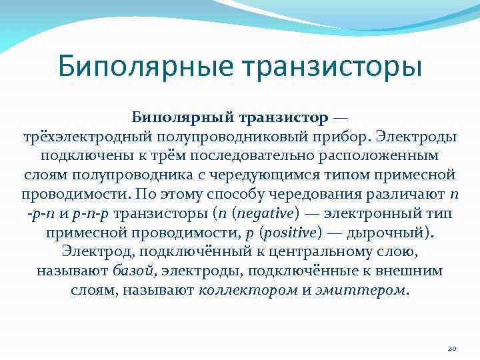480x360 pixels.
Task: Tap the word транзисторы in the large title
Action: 332,67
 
